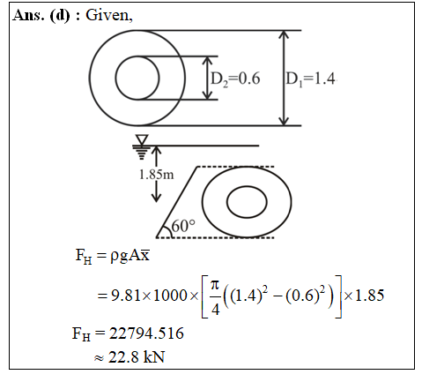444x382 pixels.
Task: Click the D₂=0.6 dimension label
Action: (x=235, y=79)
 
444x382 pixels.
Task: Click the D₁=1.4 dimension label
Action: (x=311, y=79)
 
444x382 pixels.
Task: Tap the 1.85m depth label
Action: (x=157, y=175)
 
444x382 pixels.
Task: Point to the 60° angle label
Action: (x=183, y=226)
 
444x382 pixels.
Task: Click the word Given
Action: (x=109, y=15)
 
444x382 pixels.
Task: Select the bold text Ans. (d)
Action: (x=41, y=15)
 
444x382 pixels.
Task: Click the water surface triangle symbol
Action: (x=142, y=139)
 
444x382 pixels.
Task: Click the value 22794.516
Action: (x=146, y=333)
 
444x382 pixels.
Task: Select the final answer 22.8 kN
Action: (x=137, y=357)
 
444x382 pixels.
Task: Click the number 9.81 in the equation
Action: (x=125, y=296)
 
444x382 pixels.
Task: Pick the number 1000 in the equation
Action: (x=170, y=296)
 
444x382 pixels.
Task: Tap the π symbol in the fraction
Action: (x=215, y=284)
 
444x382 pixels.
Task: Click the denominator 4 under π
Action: (x=215, y=310)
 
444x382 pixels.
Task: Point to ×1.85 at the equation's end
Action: (x=364, y=296)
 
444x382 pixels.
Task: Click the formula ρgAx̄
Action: (x=130, y=256)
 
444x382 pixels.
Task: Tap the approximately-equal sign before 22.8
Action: (x=99, y=358)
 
